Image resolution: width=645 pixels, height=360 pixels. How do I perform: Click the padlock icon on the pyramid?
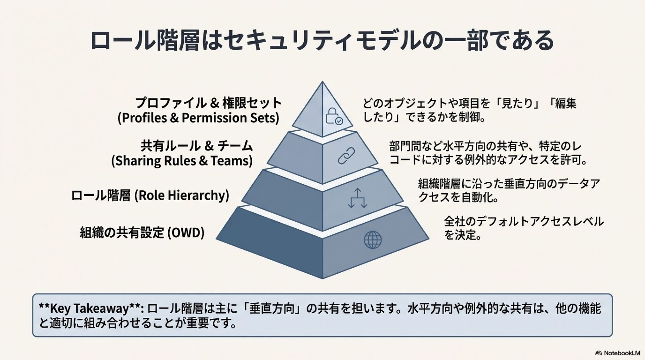click(334, 116)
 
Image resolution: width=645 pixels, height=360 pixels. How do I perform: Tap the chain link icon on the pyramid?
click(346, 156)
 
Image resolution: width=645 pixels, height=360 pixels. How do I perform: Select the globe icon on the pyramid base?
click(373, 240)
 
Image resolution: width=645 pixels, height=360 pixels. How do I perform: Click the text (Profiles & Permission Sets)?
click(198, 118)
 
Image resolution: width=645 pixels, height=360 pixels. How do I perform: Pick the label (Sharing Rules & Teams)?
click(182, 161)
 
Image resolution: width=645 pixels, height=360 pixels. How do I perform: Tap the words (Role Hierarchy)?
click(182, 195)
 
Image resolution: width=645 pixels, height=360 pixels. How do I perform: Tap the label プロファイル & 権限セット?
click(208, 103)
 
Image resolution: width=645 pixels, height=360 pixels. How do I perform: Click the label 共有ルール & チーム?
click(197, 146)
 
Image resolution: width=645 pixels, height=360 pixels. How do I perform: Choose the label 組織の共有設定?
click(122, 232)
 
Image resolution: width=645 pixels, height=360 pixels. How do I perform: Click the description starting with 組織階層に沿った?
click(509, 190)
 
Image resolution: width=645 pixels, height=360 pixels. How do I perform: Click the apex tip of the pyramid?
click(322, 82)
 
